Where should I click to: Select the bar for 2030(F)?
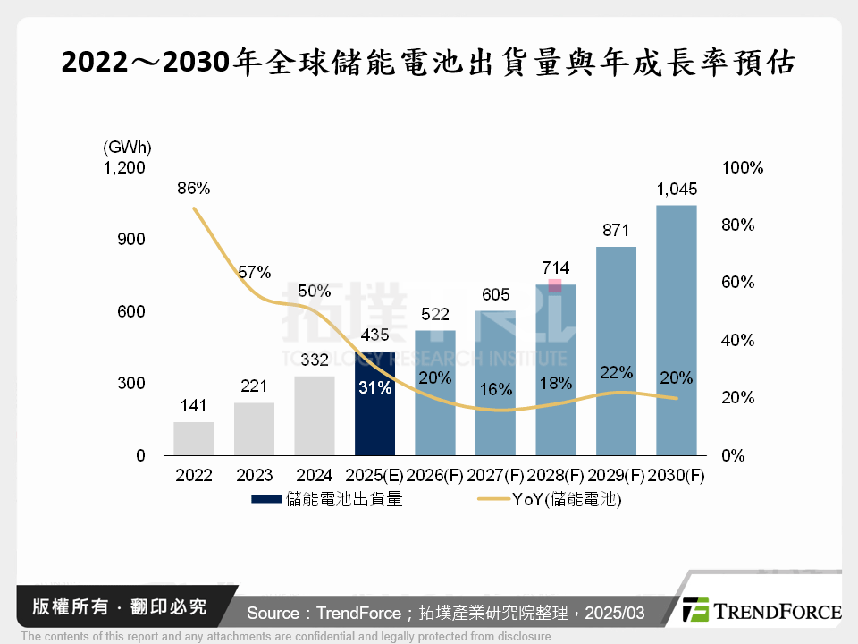coord(676,331)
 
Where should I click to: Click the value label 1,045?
coord(676,189)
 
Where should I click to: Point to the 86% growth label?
coord(193,189)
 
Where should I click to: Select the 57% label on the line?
coord(255,272)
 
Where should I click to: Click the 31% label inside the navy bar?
coord(374,388)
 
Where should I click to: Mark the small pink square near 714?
coord(555,285)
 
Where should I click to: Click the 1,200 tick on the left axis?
coord(124,168)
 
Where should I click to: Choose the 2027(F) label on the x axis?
coord(495,476)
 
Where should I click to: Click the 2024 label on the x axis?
coord(314,476)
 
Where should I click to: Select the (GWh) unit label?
coord(127,147)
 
